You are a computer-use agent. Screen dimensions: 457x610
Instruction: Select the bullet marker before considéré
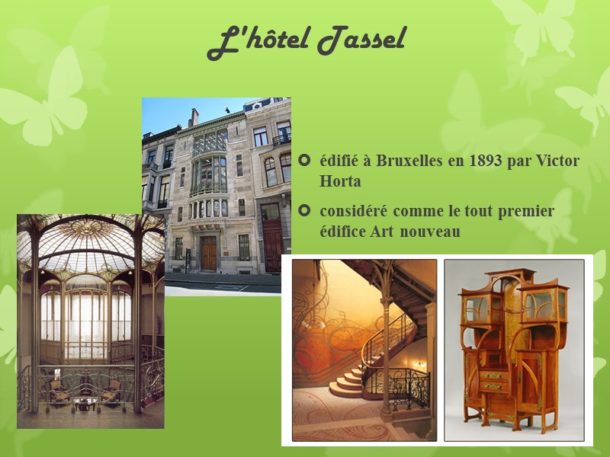[307, 211]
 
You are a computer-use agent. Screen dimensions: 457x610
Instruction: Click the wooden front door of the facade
[208, 252]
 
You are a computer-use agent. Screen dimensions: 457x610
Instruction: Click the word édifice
[346, 232]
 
